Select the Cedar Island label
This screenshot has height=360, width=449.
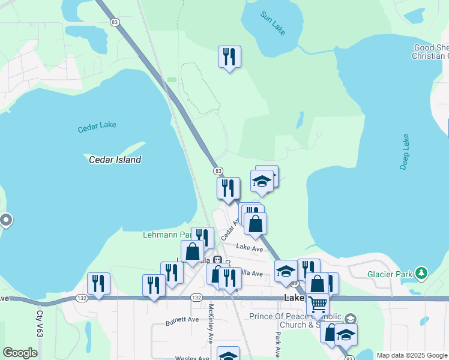[x=115, y=160]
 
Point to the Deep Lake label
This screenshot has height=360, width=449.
[x=405, y=152]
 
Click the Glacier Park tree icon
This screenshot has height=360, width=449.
[x=422, y=274]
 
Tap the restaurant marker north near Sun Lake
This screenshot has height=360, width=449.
[x=229, y=58]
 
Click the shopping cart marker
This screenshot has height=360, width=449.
[x=318, y=304]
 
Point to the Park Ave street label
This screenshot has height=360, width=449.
[x=279, y=344]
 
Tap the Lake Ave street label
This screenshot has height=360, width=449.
[x=250, y=247]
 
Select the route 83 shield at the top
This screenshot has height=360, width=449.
[x=115, y=21]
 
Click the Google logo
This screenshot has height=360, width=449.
[x=20, y=353]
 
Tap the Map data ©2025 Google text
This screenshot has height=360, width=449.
[x=411, y=355]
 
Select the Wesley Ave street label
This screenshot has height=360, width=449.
[x=191, y=358]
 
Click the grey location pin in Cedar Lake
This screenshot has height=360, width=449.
[x=6, y=220]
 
